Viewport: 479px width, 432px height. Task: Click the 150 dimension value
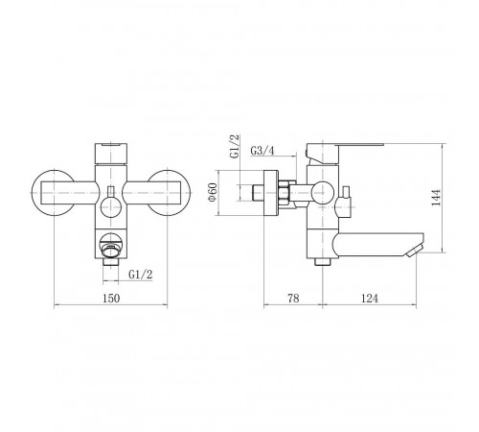coord(111,299)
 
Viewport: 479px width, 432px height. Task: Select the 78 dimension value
coord(293,299)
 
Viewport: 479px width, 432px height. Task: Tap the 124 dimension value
coord(370,299)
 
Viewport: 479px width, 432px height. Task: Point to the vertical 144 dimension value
coord(436,198)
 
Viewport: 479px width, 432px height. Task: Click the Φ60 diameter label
coord(213,192)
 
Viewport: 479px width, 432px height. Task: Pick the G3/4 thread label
coord(262,151)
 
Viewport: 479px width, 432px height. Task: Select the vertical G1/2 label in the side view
coord(234,146)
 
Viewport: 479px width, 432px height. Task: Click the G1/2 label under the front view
coord(141,275)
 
